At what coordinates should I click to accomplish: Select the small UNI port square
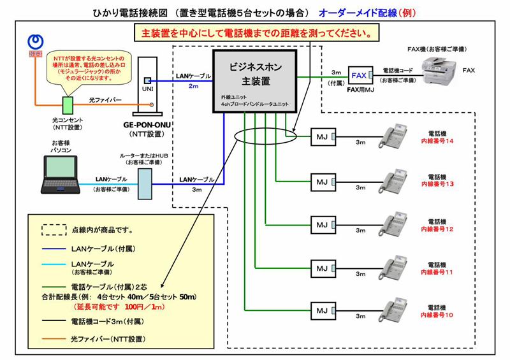(x=147, y=81)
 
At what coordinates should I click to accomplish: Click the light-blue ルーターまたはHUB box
(x=144, y=183)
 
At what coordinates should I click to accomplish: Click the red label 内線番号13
(x=437, y=184)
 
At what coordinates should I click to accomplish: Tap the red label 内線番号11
(x=437, y=271)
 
